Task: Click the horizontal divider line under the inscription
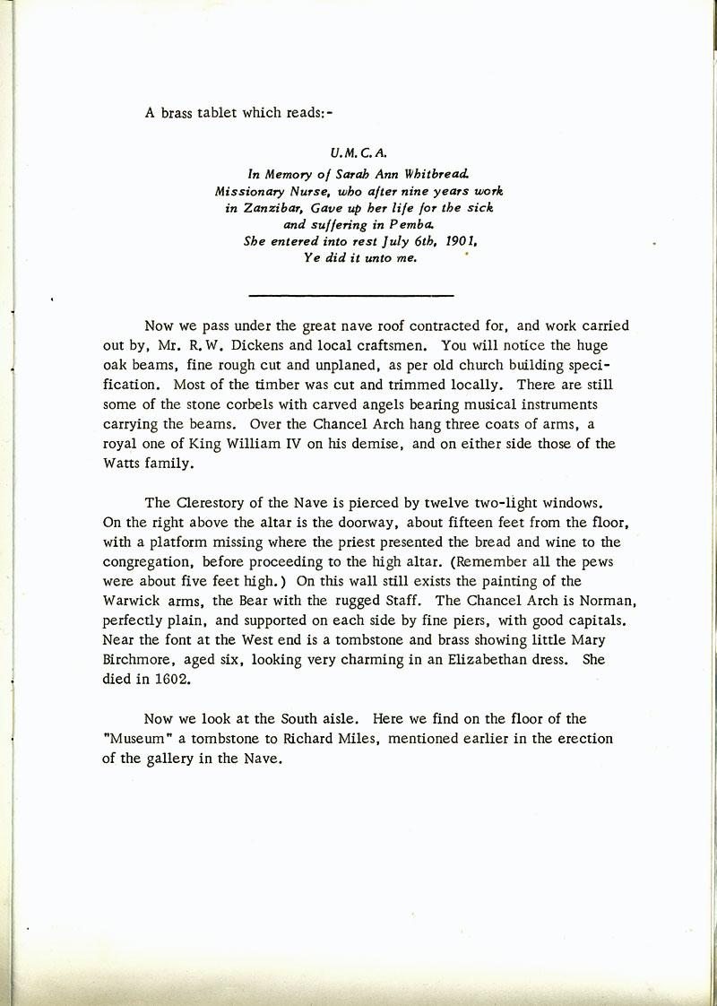point(350,294)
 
